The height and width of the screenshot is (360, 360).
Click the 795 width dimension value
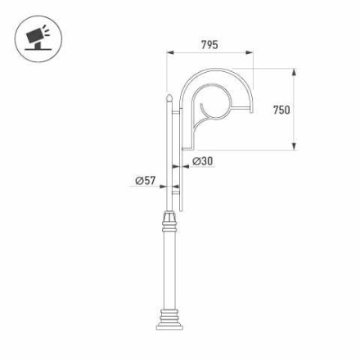[209, 45]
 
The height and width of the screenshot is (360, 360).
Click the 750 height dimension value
[281, 110]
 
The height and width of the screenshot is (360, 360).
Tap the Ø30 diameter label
[203, 161]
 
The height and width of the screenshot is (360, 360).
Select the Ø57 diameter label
[144, 180]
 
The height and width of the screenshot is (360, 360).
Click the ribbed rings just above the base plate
[169, 315]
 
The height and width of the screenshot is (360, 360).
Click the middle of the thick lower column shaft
[169, 270]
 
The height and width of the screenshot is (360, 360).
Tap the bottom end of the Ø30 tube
[181, 209]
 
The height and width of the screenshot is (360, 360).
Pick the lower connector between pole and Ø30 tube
[175, 191]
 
